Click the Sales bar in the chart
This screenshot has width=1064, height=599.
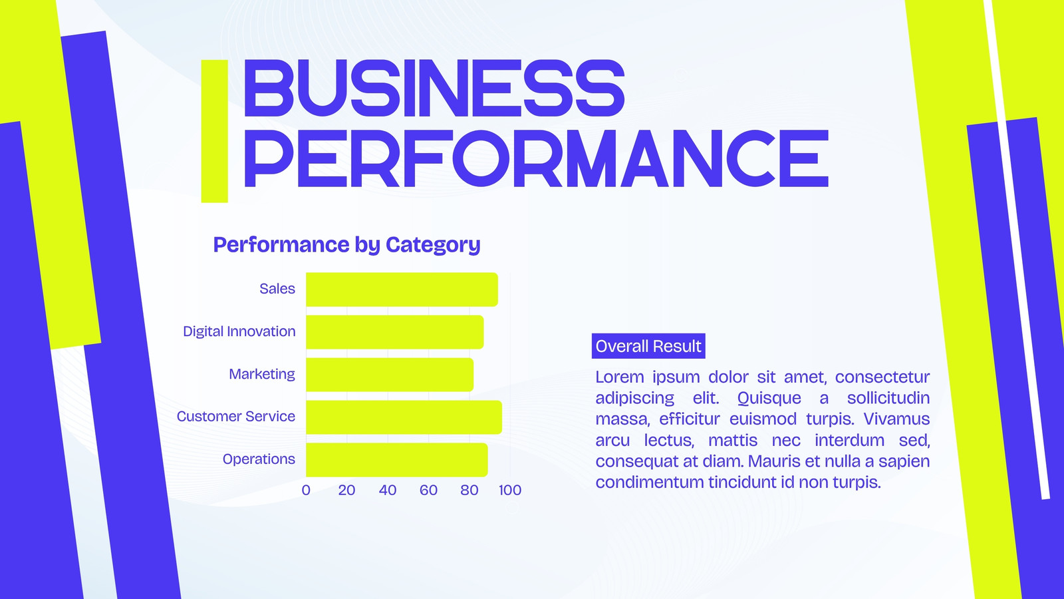click(402, 290)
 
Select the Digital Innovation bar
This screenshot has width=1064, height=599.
click(395, 332)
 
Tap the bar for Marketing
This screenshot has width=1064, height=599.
click(390, 375)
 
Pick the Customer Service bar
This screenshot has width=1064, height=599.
click(404, 417)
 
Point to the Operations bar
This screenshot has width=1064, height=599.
click(396, 460)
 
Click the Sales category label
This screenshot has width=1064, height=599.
click(277, 289)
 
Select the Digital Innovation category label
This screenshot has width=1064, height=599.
click(239, 331)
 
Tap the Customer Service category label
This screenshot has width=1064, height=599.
click(235, 417)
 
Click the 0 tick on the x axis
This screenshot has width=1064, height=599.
click(306, 490)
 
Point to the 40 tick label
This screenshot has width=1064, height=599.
click(388, 490)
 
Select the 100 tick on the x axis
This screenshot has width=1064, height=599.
click(509, 490)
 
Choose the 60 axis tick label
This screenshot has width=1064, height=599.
click(428, 490)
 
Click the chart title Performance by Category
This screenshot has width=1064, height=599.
click(346, 245)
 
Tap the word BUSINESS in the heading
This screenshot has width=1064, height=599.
click(434, 89)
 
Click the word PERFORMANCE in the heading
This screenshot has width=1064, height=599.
click(536, 158)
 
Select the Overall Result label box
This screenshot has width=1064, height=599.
click(648, 346)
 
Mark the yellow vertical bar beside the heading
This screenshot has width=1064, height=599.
click(215, 131)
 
